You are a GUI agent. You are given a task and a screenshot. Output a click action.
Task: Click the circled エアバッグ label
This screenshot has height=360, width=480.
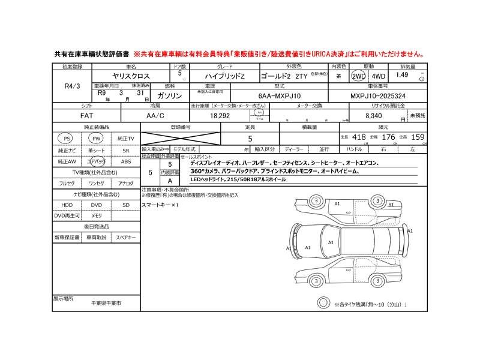96,162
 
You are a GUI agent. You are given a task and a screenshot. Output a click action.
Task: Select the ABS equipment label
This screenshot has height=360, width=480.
126,162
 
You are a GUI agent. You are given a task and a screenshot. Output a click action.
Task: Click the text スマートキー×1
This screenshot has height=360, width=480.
160,205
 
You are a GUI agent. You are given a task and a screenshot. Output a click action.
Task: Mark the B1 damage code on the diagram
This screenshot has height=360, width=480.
391,205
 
